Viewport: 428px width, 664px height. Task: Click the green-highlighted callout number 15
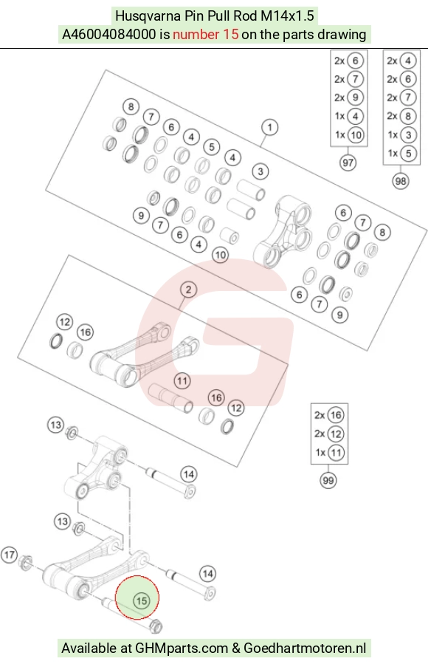(141, 600)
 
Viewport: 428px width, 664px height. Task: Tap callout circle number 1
(270, 127)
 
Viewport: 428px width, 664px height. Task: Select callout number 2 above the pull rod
(188, 290)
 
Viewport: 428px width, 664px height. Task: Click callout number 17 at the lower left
(10, 555)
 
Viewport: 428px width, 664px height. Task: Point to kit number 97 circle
(348, 162)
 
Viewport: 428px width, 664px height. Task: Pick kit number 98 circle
(400, 181)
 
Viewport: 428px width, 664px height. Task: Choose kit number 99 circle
(328, 480)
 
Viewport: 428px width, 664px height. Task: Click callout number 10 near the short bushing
(220, 255)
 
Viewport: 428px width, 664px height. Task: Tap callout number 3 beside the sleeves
(260, 171)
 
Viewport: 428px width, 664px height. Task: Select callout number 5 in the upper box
(212, 147)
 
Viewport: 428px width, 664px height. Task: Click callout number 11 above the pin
(182, 380)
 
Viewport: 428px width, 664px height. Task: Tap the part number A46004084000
(109, 34)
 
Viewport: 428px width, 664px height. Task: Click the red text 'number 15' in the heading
(206, 34)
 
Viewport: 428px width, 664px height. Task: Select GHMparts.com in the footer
(182, 648)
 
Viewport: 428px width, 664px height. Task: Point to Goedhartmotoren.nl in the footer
(305, 648)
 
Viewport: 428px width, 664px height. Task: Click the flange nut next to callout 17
(26, 562)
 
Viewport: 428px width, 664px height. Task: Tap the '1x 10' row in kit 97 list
(348, 135)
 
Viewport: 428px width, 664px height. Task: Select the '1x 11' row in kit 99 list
(329, 452)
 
